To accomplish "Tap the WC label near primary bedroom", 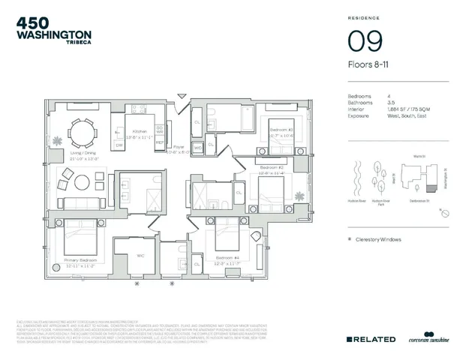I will [140, 254].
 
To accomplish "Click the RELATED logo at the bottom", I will [371, 339].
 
